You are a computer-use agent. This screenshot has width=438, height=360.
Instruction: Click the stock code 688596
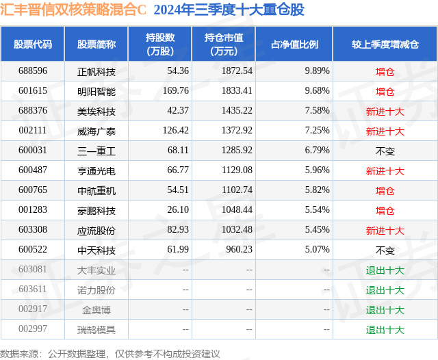33,70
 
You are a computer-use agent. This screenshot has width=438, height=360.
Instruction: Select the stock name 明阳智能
96,91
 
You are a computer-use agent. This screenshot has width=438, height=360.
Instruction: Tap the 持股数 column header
159,44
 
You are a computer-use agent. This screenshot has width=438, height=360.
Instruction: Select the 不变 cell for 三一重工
385,151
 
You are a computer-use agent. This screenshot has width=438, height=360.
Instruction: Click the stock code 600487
33,170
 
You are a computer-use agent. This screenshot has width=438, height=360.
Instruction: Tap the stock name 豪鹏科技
96,211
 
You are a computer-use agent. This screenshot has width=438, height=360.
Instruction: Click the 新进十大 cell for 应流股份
385,231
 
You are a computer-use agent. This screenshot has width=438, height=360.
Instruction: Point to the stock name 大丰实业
96,270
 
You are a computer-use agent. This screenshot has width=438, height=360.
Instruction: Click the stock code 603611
33,290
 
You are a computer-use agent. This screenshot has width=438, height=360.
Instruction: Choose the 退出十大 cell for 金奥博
385,310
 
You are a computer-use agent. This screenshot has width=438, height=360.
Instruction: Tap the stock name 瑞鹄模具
96,330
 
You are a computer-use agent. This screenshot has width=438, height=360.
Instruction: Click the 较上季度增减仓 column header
385,44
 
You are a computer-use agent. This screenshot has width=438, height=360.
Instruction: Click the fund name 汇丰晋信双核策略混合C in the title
74,10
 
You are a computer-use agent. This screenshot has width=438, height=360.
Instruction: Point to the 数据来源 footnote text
110,353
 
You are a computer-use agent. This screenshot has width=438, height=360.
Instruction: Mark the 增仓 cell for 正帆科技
385,71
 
